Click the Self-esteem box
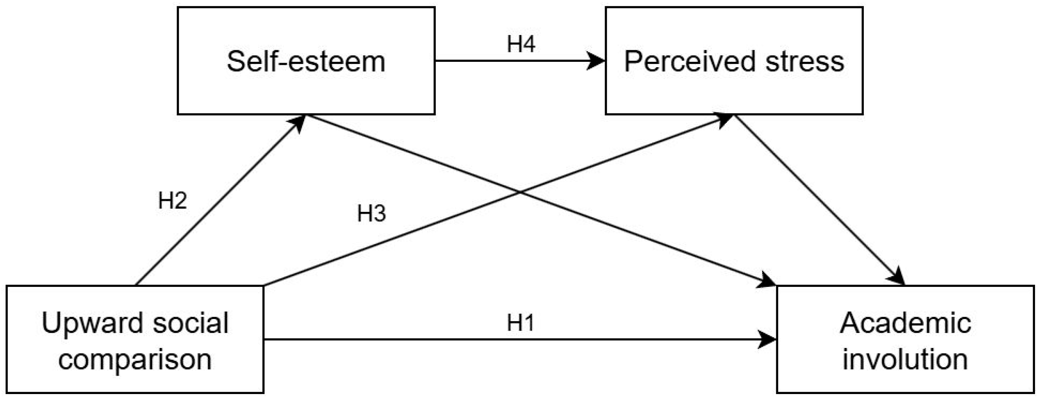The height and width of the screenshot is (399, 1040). pos(306,61)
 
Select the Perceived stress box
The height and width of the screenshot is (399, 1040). pos(734,61)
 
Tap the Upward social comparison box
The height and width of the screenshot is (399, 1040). pos(135,339)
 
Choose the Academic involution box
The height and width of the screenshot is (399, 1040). pos(905,339)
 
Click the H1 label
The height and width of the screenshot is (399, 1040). pos(520,323)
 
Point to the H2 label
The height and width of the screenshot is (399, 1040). pos(172,201)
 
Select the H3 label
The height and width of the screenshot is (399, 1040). pos(371,214)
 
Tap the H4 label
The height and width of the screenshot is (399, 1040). pos(521,44)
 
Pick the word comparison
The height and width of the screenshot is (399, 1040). pos(135,359)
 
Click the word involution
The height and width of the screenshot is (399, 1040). pos(905,359)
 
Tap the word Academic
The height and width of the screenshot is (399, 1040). pos(905,323)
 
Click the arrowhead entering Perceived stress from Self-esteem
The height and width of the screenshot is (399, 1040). pos(596,61)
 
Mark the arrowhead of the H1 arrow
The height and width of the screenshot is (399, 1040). pos(767,340)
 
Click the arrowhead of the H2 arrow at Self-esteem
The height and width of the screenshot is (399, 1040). pos(298,122)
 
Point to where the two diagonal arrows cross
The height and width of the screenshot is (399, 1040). pos(520,192)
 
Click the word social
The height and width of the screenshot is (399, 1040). pos(191,323)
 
